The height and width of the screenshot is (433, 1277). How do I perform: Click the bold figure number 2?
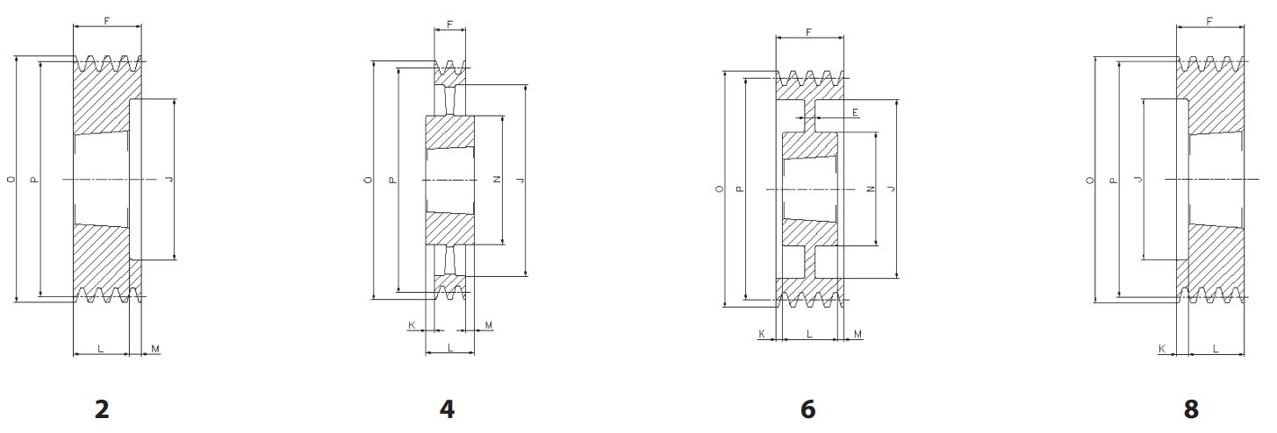[x=102, y=409]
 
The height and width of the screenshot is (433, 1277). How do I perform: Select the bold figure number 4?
[x=447, y=409]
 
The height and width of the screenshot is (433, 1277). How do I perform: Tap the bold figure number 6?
[x=807, y=409]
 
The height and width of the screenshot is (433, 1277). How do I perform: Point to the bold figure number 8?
[x=1191, y=409]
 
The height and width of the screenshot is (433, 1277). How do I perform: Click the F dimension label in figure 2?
[x=106, y=19]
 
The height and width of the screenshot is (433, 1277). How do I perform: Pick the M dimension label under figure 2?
[x=155, y=349]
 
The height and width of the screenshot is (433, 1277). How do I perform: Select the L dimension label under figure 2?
[x=100, y=349]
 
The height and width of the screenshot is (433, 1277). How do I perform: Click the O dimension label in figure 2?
[x=11, y=180]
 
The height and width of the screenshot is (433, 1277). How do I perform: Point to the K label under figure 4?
[x=412, y=325]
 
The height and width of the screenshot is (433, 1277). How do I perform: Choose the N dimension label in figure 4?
[x=496, y=180]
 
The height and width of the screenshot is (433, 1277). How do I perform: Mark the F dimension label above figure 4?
[x=450, y=25]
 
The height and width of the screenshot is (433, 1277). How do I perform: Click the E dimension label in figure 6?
[x=856, y=113]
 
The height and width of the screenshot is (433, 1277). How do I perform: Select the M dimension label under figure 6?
[x=858, y=334]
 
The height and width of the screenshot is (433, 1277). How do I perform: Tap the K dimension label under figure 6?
[x=762, y=334]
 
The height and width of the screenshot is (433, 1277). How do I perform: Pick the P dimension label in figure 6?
[x=740, y=188]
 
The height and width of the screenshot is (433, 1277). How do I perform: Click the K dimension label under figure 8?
[x=1162, y=349]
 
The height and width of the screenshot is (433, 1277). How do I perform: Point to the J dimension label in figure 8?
[x=1137, y=180]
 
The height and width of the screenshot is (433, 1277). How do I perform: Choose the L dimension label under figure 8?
[x=1216, y=349]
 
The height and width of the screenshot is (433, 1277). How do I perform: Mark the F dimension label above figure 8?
[x=1210, y=20]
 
